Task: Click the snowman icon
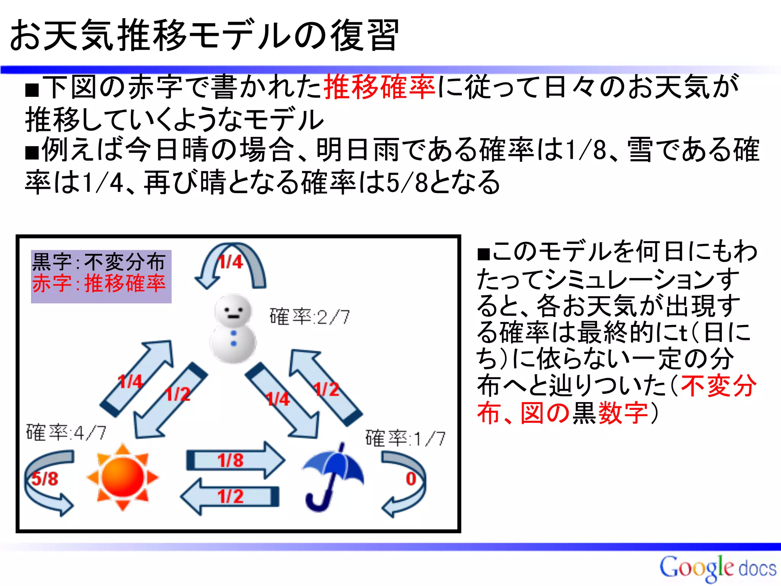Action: pyautogui.click(x=233, y=328)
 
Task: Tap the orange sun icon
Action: pyautogui.click(x=122, y=477)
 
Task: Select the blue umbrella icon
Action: pyautogui.click(x=333, y=477)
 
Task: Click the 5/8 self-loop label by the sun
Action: pyautogui.click(x=45, y=479)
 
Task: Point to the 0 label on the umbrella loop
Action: pyautogui.click(x=411, y=479)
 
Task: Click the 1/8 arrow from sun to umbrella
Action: pyautogui.click(x=235, y=460)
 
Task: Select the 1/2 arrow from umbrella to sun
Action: pyautogui.click(x=230, y=496)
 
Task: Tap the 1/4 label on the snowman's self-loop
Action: pyautogui.click(x=230, y=262)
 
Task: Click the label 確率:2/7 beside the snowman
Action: pyautogui.click(x=309, y=317)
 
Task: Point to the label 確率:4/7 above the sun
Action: pyautogui.click(x=66, y=433)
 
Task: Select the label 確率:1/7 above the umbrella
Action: pyautogui.click(x=405, y=438)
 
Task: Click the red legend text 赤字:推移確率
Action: pyautogui.click(x=99, y=283)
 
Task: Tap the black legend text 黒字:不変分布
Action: pyautogui.click(x=99, y=262)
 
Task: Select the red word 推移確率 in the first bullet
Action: pyautogui.click(x=379, y=87)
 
